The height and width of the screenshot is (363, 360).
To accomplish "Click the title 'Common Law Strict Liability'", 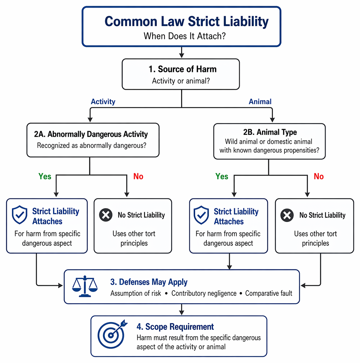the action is [x=187, y=22].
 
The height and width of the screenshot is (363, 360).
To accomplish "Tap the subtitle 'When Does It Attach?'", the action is [x=184, y=36].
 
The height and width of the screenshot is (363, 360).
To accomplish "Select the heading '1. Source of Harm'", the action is [x=183, y=69].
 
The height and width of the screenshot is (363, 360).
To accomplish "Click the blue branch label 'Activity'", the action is [x=103, y=102].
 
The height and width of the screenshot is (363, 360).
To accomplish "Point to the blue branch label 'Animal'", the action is [x=260, y=102].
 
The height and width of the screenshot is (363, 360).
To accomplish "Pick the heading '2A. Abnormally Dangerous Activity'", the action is [x=91, y=134].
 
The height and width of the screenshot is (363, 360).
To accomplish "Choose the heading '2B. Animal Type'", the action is [x=270, y=132].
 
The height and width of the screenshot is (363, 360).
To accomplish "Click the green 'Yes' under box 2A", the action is [x=45, y=176].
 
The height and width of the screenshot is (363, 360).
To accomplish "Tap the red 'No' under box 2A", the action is [x=138, y=176].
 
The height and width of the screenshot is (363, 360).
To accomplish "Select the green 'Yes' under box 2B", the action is [x=222, y=176].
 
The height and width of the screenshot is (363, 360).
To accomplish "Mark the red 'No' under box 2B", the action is [x=318, y=176].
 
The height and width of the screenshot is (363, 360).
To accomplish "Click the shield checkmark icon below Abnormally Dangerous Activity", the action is [x=20, y=215].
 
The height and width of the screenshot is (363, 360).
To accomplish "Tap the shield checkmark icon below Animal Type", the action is [x=201, y=215].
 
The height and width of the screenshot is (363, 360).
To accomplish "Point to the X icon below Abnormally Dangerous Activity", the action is [x=106, y=215].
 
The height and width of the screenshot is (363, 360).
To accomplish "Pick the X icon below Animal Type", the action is [x=287, y=215].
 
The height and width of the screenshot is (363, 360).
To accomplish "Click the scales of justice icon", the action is [x=85, y=286].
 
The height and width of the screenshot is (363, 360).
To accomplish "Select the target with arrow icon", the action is [x=112, y=334].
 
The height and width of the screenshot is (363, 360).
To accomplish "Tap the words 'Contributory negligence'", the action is [x=204, y=293].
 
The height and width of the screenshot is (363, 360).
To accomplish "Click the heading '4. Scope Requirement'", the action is [x=175, y=326].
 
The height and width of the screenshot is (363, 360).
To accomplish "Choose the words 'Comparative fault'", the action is [x=269, y=293].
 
